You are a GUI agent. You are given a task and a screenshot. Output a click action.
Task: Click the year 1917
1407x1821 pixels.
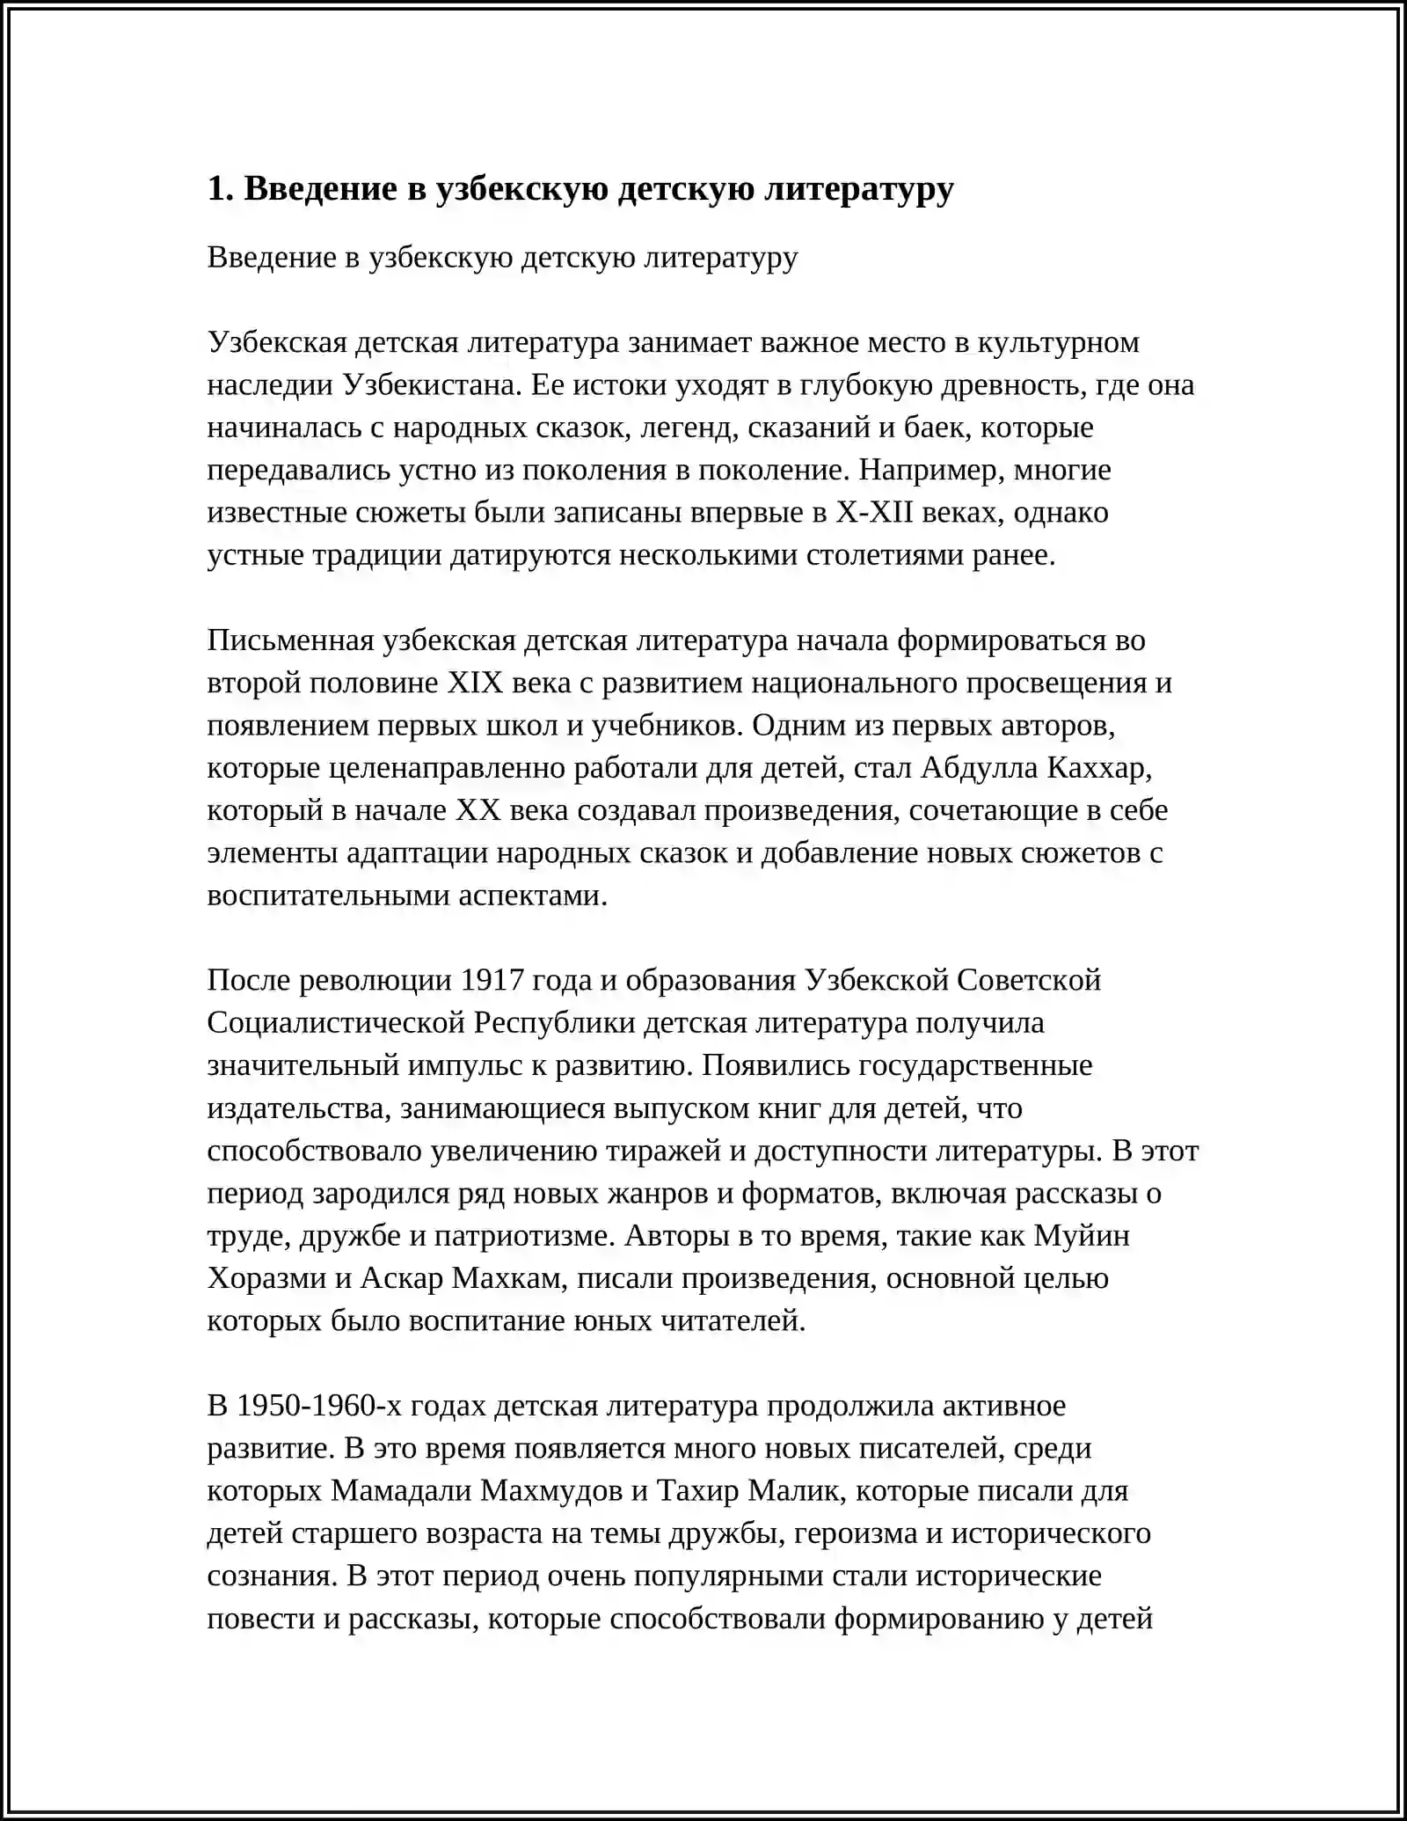click(493, 980)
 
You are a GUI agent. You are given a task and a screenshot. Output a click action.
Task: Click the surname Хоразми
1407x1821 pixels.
click(267, 1278)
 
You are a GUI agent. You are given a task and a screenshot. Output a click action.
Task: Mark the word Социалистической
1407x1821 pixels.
click(336, 1023)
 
